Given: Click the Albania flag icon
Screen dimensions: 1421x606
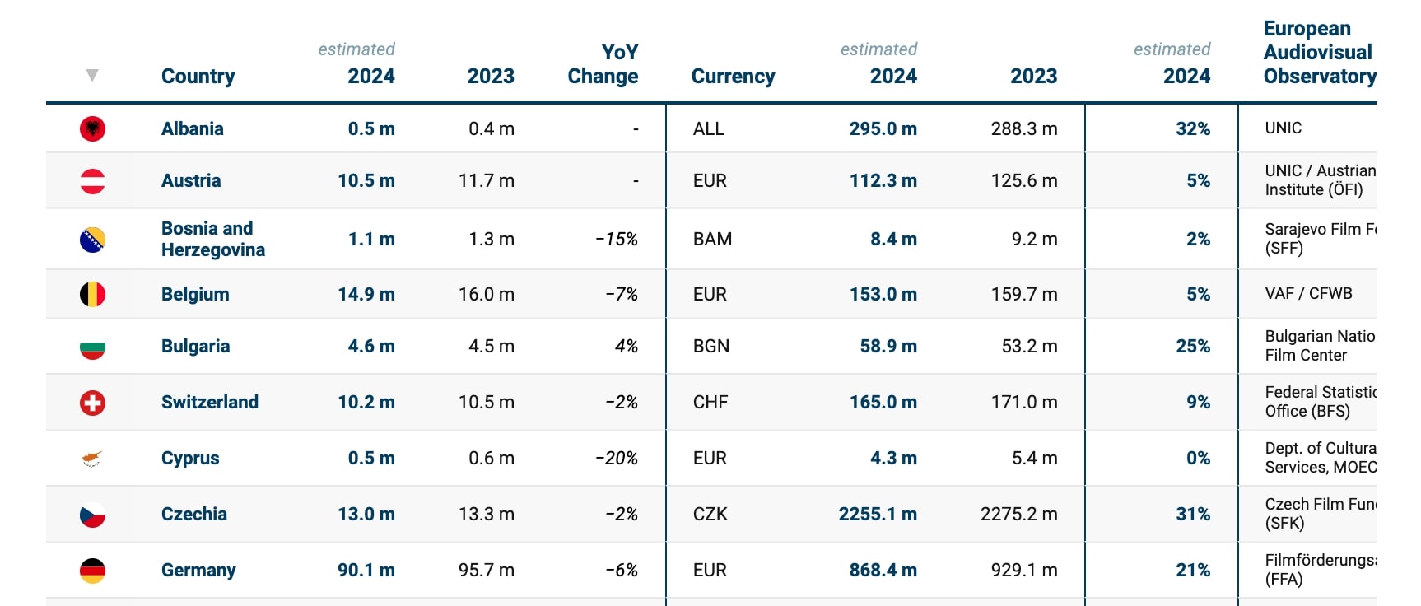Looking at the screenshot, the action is tap(92, 128).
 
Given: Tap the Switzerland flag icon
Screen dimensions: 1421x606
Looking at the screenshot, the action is tap(92, 403).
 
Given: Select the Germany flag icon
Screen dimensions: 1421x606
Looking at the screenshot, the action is tap(92, 571).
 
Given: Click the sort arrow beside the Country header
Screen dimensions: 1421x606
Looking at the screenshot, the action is tap(92, 76).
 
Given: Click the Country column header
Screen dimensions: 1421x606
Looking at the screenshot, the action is tap(198, 77).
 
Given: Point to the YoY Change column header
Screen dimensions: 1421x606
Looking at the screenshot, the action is tap(603, 64).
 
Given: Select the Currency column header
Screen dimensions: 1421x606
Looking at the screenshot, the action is tap(734, 77).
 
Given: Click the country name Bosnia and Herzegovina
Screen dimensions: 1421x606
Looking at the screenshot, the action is tap(213, 239).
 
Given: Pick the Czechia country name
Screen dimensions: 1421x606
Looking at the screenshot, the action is tap(194, 514).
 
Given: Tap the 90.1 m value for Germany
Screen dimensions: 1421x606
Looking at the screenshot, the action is tap(366, 570).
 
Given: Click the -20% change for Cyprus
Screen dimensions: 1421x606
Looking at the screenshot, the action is tap(617, 458).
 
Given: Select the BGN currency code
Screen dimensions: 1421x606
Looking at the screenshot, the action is tap(711, 346).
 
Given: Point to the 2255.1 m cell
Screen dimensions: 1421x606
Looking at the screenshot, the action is tap(878, 514).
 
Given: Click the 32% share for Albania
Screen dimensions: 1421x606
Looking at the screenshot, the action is tap(1193, 128).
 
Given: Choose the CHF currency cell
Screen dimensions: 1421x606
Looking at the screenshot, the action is tap(710, 402).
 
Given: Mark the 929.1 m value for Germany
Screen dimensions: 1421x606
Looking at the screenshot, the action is tap(1024, 570).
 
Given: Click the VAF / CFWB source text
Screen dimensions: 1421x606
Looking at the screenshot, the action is tap(1309, 293).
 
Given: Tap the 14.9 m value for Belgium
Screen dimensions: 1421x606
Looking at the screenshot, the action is tap(366, 294).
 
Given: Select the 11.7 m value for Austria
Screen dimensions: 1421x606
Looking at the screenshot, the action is tap(487, 180).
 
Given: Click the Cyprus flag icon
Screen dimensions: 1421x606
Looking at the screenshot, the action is tap(92, 459).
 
